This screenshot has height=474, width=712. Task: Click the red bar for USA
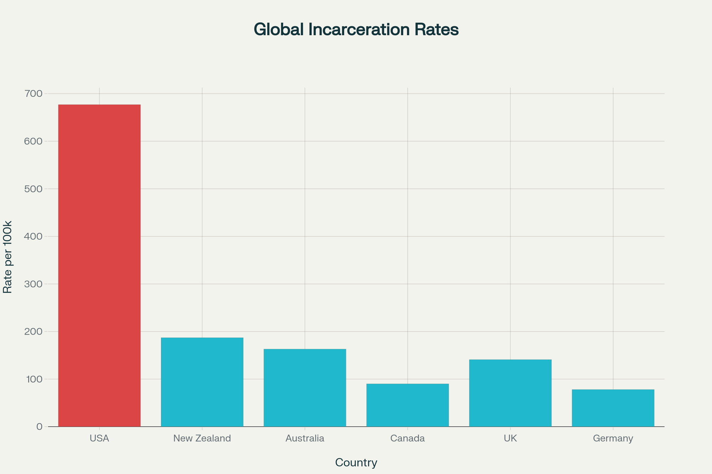(99, 265)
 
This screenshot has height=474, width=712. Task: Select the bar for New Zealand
(202, 382)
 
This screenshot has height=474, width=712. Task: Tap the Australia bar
(305, 388)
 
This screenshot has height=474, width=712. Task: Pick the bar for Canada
(407, 405)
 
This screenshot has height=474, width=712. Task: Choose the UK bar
(510, 393)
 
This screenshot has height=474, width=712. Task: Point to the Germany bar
(613, 408)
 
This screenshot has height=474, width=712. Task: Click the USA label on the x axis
(99, 438)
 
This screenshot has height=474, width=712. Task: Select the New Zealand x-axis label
(202, 438)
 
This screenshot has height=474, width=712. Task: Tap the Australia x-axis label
(305, 438)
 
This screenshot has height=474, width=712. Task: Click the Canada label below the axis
(407, 438)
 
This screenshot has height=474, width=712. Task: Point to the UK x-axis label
(510, 438)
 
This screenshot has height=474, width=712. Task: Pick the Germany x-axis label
(613, 438)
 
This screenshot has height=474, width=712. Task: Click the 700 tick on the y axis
(33, 94)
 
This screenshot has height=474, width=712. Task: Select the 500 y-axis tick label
(33, 189)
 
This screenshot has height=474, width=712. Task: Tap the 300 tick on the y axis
(33, 284)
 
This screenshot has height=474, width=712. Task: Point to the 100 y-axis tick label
(33, 379)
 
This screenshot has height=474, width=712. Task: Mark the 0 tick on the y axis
(39, 427)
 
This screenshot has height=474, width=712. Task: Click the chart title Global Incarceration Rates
(356, 30)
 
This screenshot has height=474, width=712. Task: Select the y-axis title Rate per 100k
(8, 257)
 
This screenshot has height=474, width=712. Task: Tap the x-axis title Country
(356, 463)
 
